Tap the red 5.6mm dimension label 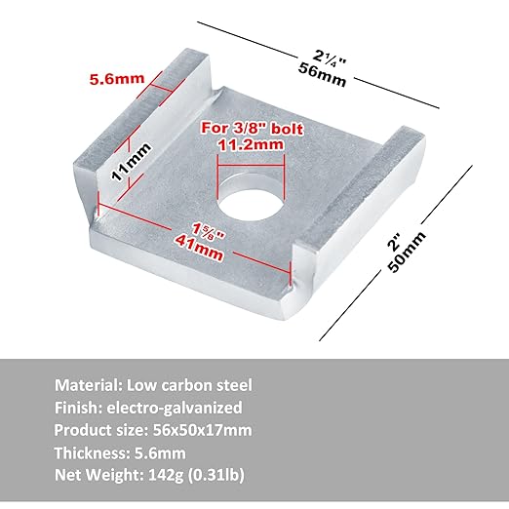[117, 79]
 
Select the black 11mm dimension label [132, 162]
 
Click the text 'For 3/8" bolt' [253, 129]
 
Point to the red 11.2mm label [251, 144]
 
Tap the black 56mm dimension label [322, 75]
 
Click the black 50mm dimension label [407, 252]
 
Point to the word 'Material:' [88, 385]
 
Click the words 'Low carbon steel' [189, 385]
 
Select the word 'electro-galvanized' [175, 408]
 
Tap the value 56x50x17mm [203, 430]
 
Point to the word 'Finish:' [78, 408]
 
